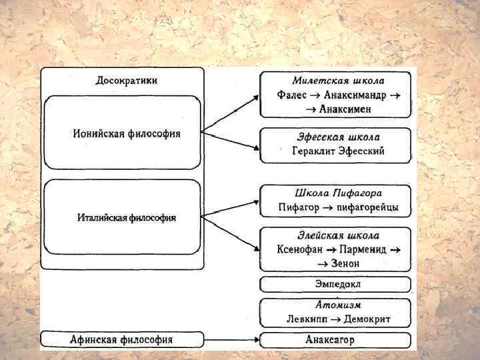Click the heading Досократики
click(x=127, y=81)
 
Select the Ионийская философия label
click(x=127, y=133)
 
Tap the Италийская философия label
click(x=127, y=218)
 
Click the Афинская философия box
click(x=121, y=340)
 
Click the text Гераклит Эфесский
click(x=338, y=151)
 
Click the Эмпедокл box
click(x=336, y=285)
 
